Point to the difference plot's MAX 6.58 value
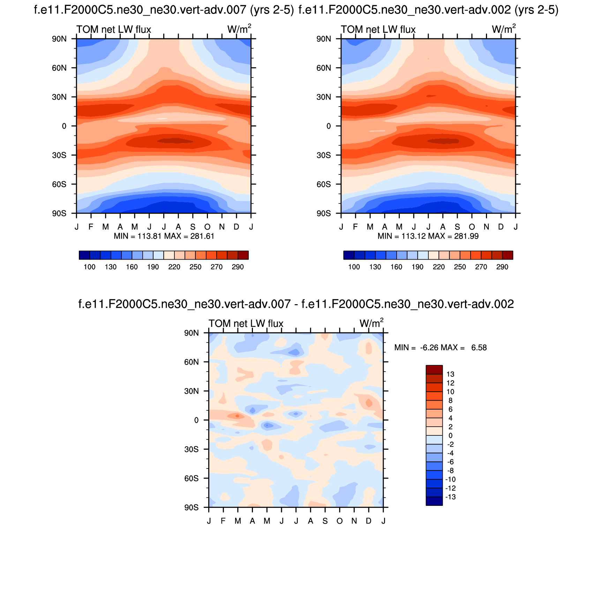[x=479, y=347]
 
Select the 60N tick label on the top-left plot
[x=59, y=68]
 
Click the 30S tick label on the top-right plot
[x=323, y=155]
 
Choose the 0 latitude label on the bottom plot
[x=196, y=420]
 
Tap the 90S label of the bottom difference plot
[x=191, y=507]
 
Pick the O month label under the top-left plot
[x=207, y=227]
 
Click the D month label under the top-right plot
[x=501, y=227]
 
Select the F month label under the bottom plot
[x=223, y=521]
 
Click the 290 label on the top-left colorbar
[x=238, y=267]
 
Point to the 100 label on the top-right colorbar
[x=354, y=267]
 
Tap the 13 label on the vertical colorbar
[x=450, y=374]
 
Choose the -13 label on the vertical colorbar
[x=450, y=497]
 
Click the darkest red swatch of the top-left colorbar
[x=243, y=255]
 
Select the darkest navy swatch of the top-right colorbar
[x=349, y=255]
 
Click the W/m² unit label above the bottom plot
[x=372, y=323]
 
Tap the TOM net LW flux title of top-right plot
[x=378, y=29]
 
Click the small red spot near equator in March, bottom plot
[x=237, y=415]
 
